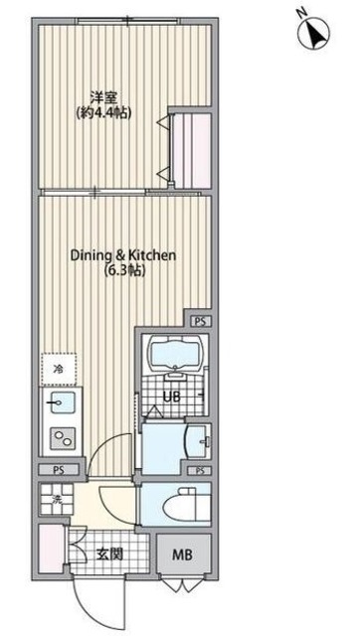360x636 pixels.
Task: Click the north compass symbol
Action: click(x=313, y=33)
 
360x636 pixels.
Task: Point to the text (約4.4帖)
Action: click(x=103, y=113)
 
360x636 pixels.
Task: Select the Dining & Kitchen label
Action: click(x=123, y=255)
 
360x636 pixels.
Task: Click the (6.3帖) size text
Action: click(x=124, y=271)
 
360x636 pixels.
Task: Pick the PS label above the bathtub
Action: click(x=200, y=322)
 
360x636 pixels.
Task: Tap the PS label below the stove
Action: click(x=59, y=470)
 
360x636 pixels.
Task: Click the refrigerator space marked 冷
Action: click(x=59, y=369)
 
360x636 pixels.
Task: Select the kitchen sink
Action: click(x=62, y=402)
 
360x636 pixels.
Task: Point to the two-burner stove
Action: click(x=62, y=438)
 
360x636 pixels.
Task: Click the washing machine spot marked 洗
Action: click(x=57, y=499)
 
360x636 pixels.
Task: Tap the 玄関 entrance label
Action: click(x=109, y=554)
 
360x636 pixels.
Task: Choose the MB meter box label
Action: click(x=184, y=555)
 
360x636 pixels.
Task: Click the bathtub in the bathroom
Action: click(x=175, y=352)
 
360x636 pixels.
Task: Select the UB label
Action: click(x=172, y=397)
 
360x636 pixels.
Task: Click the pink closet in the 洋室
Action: click(x=191, y=150)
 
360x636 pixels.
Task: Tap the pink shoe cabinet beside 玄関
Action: click(x=51, y=550)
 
